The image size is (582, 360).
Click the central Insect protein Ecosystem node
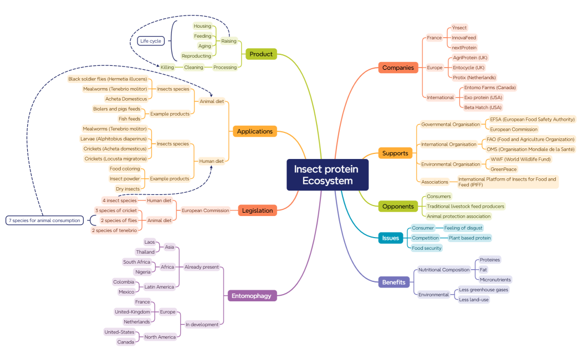(327, 174)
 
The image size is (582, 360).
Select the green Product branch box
(261, 54)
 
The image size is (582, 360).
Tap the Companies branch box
(398, 68)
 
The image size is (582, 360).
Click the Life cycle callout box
(151, 41)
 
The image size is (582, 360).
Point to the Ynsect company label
(460, 28)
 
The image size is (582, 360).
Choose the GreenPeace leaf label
(504, 169)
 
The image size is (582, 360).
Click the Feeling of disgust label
(463, 228)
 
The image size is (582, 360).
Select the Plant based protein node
(469, 238)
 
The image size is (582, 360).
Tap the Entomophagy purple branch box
(252, 296)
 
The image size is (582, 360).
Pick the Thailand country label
(145, 252)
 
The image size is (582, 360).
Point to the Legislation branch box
(257, 210)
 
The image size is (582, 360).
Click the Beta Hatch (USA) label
(483, 107)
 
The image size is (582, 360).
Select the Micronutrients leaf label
(496, 280)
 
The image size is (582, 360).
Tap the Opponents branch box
(398, 207)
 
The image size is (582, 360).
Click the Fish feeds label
(130, 119)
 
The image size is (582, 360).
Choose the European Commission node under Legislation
(205, 210)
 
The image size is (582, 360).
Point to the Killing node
(167, 67)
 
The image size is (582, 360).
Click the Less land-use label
(474, 300)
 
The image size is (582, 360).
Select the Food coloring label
(125, 169)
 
